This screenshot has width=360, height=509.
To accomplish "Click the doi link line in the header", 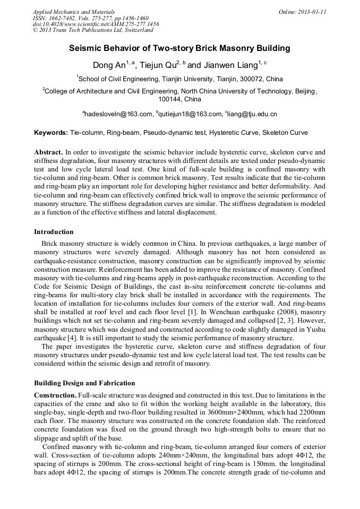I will pos(96,24).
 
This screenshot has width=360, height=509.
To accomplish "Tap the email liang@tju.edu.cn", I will pos(253,114).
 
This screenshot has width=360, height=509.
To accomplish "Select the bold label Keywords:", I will pos(51,133).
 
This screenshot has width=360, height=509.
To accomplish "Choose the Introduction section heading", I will pos(54,232).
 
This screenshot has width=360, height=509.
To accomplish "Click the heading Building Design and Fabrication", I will pos(84,383).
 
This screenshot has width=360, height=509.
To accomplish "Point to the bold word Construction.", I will pos(55,395).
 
